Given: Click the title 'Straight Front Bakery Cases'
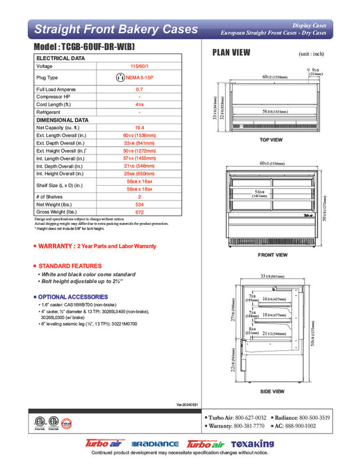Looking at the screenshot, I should coord(116,29).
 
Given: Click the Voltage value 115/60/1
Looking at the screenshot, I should coord(139,67).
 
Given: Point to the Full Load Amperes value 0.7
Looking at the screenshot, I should coord(139,89).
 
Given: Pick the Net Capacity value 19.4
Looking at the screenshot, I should coord(139,127).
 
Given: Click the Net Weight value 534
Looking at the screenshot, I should coord(139,204).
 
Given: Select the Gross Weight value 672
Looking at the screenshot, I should coord(139,212).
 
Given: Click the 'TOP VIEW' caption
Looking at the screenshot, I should coord(271,140).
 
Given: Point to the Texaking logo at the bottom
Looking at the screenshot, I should coord(252,443).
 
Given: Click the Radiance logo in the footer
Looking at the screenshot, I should coord(155,443).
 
